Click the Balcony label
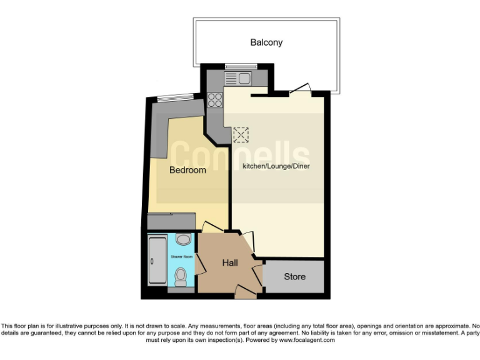266,42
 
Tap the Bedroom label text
187,170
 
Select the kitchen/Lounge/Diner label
276,166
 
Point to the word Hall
229,263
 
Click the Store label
294,276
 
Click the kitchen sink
237,79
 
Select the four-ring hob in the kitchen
216,100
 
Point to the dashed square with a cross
241,135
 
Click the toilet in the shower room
181,275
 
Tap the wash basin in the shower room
182,239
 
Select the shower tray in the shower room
156,261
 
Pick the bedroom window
174,97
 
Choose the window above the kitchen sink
237,67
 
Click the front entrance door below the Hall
246,291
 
